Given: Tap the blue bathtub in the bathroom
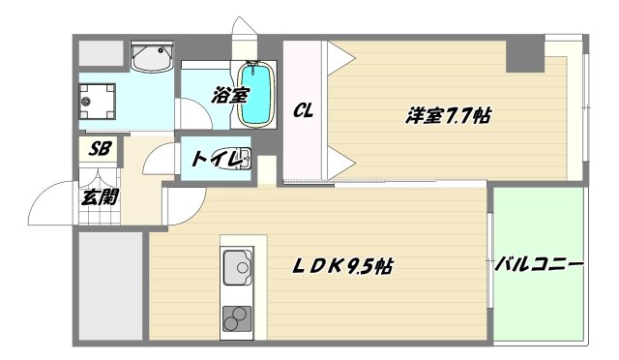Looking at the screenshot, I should (254, 94).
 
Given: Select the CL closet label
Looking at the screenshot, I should (303, 112).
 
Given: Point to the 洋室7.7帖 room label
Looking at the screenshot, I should (447, 116).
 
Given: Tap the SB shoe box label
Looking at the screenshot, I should (99, 150).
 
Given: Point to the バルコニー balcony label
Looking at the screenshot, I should (541, 263).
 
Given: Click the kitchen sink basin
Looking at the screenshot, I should (237, 264).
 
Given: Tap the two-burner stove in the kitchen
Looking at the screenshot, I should (236, 315).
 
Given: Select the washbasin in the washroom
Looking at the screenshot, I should (151, 61).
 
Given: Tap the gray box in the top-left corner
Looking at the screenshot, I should (100, 52).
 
